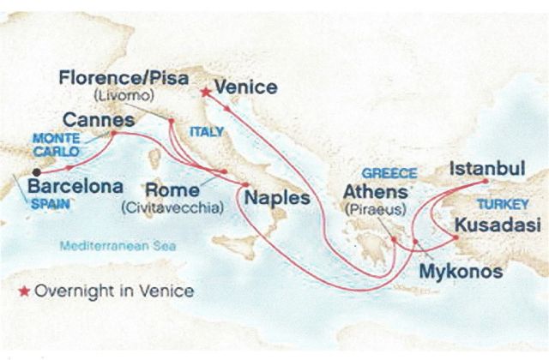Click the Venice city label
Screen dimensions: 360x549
pyautogui.click(x=246, y=87)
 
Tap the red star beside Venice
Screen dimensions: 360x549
pyautogui.click(x=205, y=89)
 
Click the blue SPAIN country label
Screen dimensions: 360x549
pyautogui.click(x=49, y=205)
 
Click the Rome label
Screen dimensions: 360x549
pyautogui.click(x=174, y=189)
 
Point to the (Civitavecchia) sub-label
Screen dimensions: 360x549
pyautogui.click(x=173, y=207)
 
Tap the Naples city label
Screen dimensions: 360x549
pyautogui.click(x=277, y=198)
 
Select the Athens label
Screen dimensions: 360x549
pyautogui.click(x=375, y=190)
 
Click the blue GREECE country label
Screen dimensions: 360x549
pyautogui.click(x=389, y=171)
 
